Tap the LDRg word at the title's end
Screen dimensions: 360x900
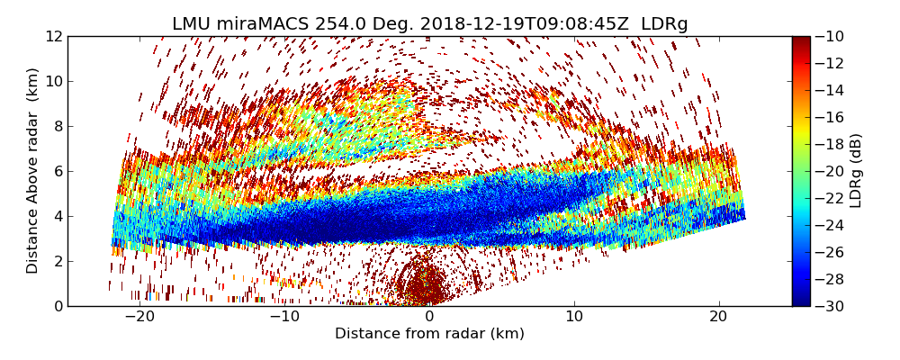click(x=664, y=24)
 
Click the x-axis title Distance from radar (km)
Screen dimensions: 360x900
click(x=429, y=334)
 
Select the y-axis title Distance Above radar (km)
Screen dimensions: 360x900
click(x=33, y=171)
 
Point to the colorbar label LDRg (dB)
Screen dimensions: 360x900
click(x=856, y=171)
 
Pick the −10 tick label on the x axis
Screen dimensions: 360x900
click(x=284, y=317)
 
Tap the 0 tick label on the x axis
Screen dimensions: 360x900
click(x=429, y=317)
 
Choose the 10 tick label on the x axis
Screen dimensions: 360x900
click(x=574, y=317)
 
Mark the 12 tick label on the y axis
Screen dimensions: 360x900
click(x=53, y=37)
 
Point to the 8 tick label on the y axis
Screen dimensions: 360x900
click(x=57, y=127)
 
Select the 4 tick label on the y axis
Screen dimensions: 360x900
click(x=57, y=216)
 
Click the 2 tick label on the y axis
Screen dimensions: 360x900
click(x=57, y=261)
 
